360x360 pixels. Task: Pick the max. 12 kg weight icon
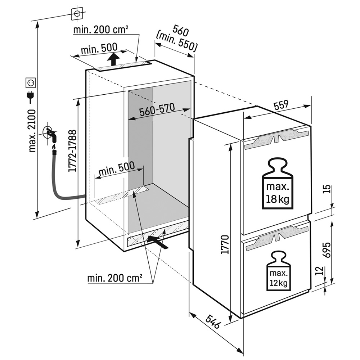tap(278, 272)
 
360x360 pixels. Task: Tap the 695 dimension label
tap(327, 247)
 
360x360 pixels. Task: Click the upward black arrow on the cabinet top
tap(114, 59)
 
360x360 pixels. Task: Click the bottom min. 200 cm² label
tap(114, 278)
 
